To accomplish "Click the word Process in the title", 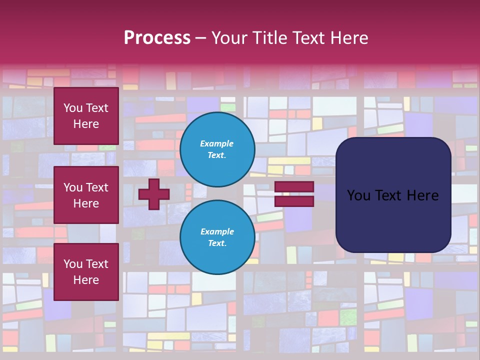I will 157,38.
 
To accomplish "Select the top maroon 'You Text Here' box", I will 86,116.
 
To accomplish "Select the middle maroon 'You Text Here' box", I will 86,195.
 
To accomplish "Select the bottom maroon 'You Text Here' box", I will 86,272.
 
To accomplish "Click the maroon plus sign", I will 153,194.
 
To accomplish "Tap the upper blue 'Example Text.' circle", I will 217,149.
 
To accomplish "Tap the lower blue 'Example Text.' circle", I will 217,237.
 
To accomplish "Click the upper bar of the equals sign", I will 294,187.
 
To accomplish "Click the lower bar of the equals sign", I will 294,201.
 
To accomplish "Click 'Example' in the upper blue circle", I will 217,143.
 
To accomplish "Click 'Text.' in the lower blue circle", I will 217,243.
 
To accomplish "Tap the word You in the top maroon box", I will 72,108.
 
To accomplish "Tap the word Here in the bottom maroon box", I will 86,280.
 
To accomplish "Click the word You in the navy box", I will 358,195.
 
